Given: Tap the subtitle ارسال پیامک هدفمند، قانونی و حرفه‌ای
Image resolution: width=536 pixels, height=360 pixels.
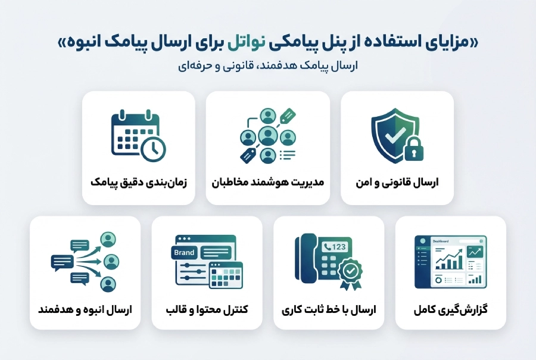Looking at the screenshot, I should (x=269, y=66).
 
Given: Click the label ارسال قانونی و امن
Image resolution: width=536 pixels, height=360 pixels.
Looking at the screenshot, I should (x=397, y=182).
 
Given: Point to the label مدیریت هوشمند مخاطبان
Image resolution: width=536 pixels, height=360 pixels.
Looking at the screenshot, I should (x=268, y=182).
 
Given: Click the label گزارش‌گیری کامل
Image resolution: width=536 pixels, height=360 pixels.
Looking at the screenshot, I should (x=450, y=310).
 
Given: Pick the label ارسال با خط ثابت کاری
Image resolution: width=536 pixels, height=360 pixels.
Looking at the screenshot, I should (x=329, y=310).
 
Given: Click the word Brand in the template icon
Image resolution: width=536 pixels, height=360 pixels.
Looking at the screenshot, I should (x=184, y=253).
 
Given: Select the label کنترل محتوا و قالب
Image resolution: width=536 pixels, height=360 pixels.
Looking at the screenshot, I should (x=207, y=310).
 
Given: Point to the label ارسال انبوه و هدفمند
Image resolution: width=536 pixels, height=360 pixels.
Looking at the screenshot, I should (x=85, y=310).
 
